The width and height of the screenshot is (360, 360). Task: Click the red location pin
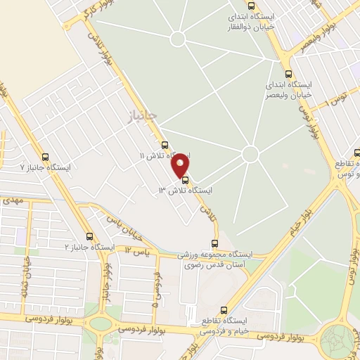point(181,165)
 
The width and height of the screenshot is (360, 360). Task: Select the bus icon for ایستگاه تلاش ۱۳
point(186,180)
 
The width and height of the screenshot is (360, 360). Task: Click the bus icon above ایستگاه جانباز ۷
point(46,157)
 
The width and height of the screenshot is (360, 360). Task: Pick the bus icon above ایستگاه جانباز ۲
point(89,237)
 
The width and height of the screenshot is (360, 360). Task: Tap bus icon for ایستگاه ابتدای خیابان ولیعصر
point(288,73)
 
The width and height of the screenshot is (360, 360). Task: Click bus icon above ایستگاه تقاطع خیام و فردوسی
point(224,309)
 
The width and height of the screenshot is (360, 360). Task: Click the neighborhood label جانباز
point(143,113)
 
